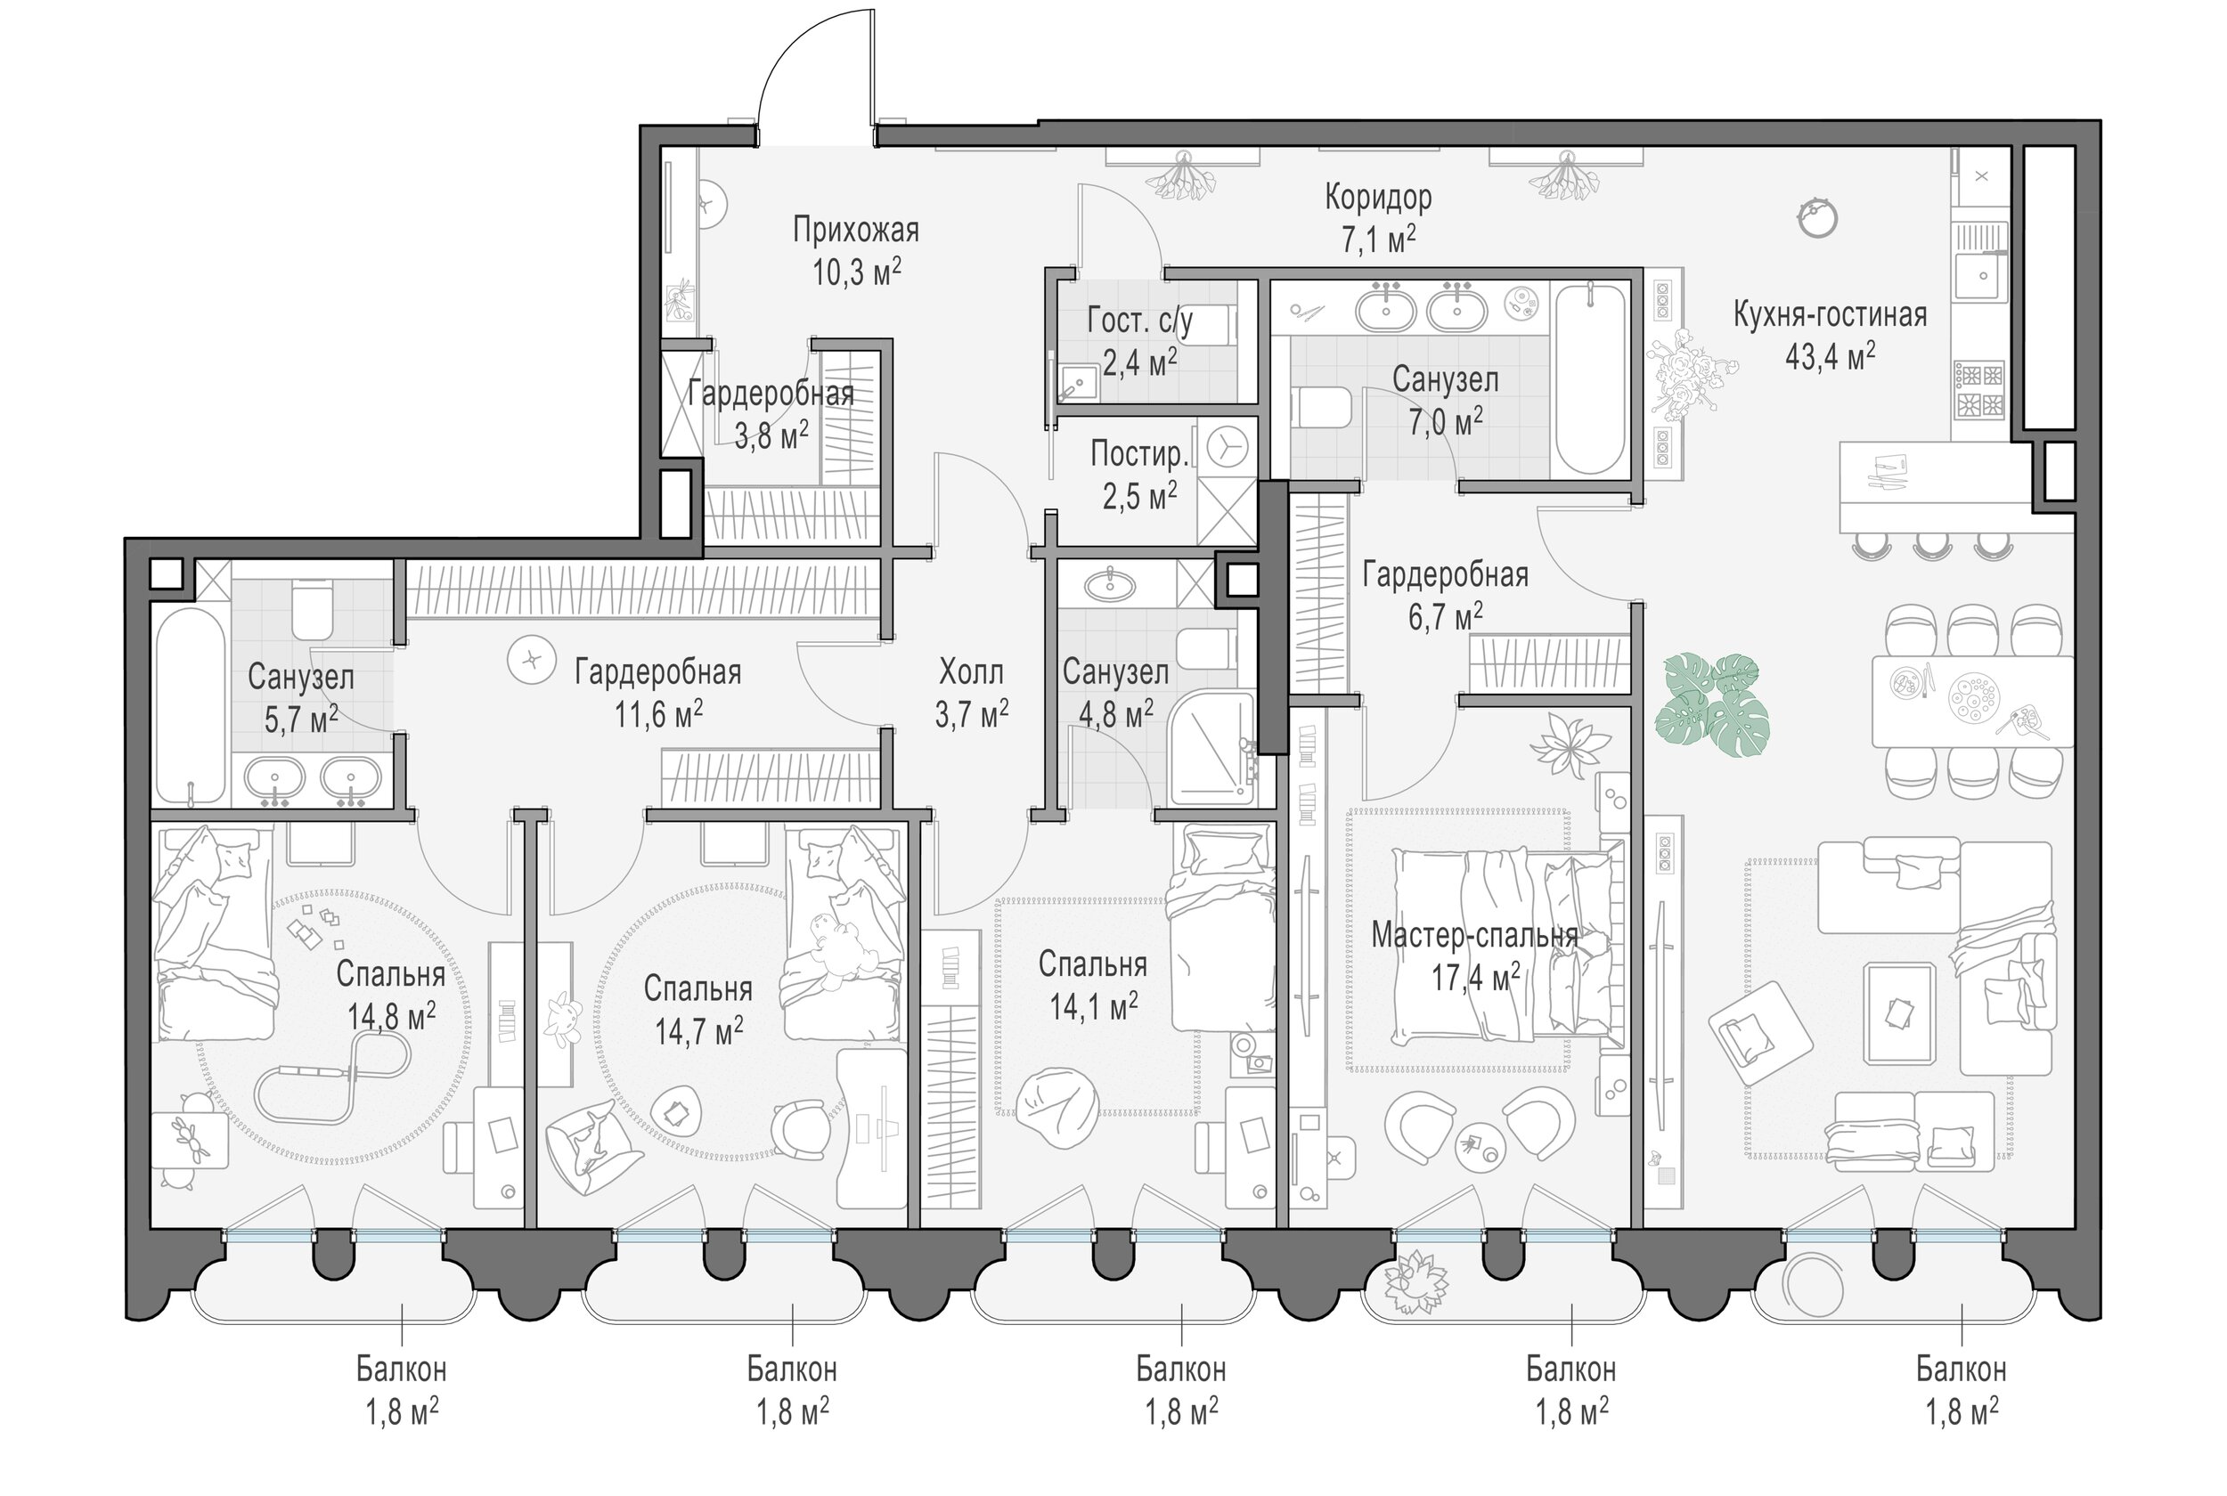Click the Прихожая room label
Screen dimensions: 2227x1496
(856, 231)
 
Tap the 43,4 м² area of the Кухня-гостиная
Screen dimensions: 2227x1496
(1829, 357)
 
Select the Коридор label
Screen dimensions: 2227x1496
(1378, 198)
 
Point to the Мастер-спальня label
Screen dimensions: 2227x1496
(1474, 936)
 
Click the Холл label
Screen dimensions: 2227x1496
(971, 672)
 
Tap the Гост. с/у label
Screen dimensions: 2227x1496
(1139, 321)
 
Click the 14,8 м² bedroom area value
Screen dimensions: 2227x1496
(391, 1015)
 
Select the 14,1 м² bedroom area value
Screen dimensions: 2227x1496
(1094, 1005)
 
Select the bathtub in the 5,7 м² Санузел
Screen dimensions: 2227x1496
(191, 706)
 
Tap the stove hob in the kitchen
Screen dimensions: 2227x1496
(1980, 390)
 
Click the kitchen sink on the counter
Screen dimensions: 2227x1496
(1981, 277)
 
